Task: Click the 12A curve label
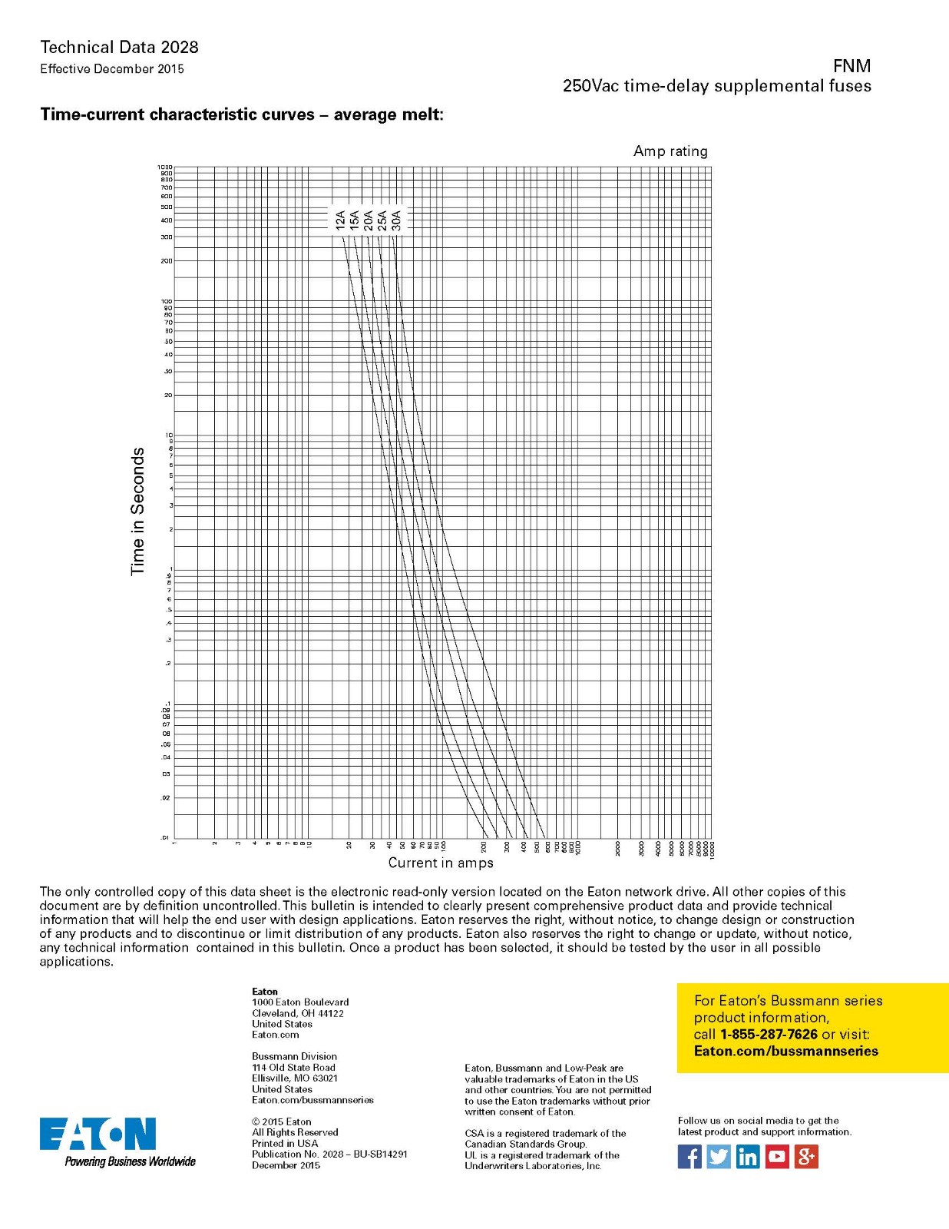[340, 220]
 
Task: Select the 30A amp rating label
[396, 220]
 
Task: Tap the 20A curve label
[369, 220]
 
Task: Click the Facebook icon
[689, 1156]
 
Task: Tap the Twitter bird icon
[719, 1156]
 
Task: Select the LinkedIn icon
[747, 1156]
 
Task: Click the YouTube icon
[776, 1156]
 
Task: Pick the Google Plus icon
[805, 1156]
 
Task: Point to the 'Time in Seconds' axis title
[137, 511]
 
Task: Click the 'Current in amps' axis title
[441, 863]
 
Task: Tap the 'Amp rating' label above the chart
[670, 151]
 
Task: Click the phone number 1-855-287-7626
[769, 1035]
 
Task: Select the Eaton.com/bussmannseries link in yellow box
[785, 1052]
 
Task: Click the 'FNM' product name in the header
[851, 66]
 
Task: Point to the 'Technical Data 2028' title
[119, 48]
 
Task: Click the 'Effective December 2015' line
[112, 69]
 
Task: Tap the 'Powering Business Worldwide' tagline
[130, 1161]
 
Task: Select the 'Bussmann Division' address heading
[294, 1056]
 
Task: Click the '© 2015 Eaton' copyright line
[282, 1121]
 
